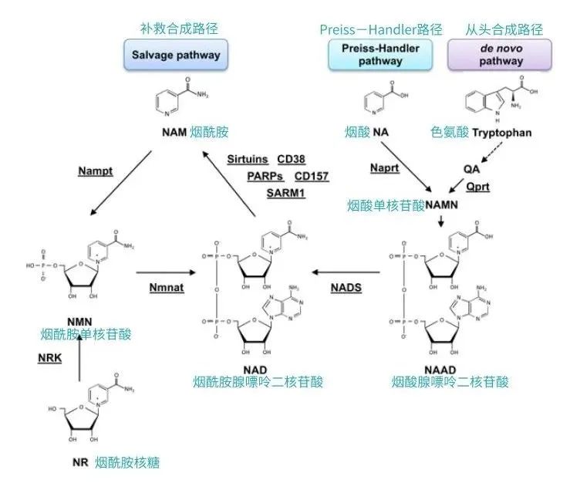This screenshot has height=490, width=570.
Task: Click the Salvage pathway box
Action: [x=176, y=55]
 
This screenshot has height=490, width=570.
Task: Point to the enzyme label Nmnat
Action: [x=166, y=287]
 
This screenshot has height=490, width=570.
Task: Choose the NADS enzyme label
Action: [x=346, y=287]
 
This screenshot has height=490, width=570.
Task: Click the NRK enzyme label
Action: [x=50, y=359]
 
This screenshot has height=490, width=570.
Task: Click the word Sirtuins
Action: [x=247, y=159]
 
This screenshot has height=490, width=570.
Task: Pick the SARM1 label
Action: [x=286, y=192]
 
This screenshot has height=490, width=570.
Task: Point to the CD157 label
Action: [x=311, y=176]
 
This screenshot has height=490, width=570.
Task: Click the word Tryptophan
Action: [x=502, y=133]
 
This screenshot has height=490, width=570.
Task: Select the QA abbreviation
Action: [x=471, y=168]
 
